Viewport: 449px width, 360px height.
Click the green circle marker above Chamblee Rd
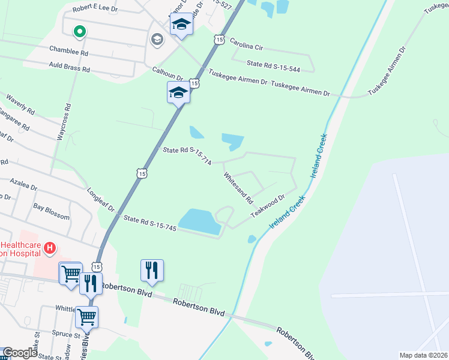tap(79, 31)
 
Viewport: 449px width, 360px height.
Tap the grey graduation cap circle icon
tap(157, 40)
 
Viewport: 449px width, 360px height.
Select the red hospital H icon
tap(50, 247)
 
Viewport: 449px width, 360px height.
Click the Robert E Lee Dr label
tap(95, 10)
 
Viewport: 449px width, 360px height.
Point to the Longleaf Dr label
tap(102, 203)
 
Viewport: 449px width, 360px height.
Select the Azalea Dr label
tap(22, 187)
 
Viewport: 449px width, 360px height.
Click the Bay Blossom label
tap(51, 212)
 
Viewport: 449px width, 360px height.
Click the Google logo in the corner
tap(20, 353)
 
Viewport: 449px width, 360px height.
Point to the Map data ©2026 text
tap(423, 355)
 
